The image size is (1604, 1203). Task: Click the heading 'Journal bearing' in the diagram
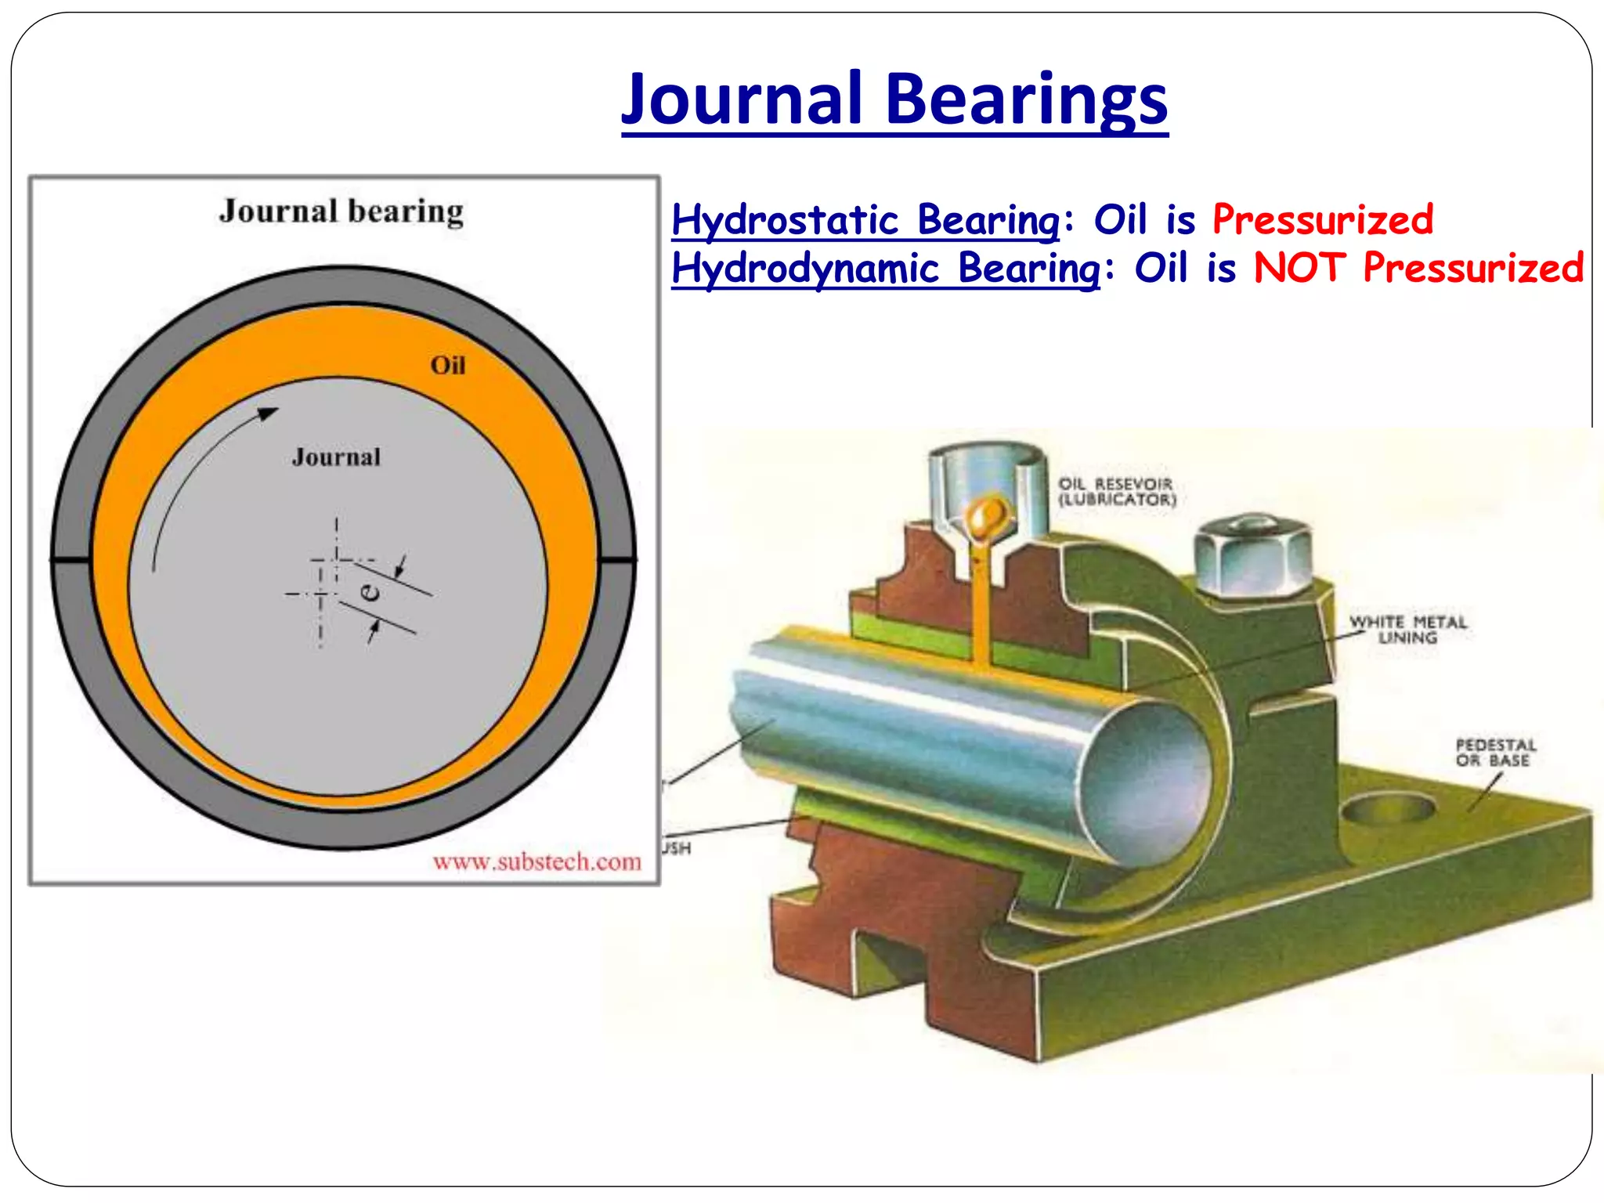[x=341, y=211]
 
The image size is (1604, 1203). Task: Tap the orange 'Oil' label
[x=447, y=366]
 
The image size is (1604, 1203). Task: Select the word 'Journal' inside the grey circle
[x=336, y=457]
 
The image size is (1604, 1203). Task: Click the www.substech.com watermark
[x=536, y=862]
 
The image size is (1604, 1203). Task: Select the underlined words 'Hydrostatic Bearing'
[x=865, y=220]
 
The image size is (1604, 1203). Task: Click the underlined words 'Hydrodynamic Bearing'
[x=885, y=269]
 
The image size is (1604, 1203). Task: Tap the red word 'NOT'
[x=1299, y=269]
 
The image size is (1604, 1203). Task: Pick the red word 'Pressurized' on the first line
[x=1323, y=220]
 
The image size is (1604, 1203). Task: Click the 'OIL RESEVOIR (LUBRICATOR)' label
[x=1116, y=492]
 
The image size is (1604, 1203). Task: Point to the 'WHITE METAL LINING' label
[x=1407, y=630]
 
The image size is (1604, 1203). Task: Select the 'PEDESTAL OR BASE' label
[x=1495, y=752]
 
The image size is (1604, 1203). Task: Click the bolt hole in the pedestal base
[x=1387, y=808]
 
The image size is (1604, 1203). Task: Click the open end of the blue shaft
[x=1147, y=783]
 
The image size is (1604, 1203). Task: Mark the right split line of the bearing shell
[x=617, y=559]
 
